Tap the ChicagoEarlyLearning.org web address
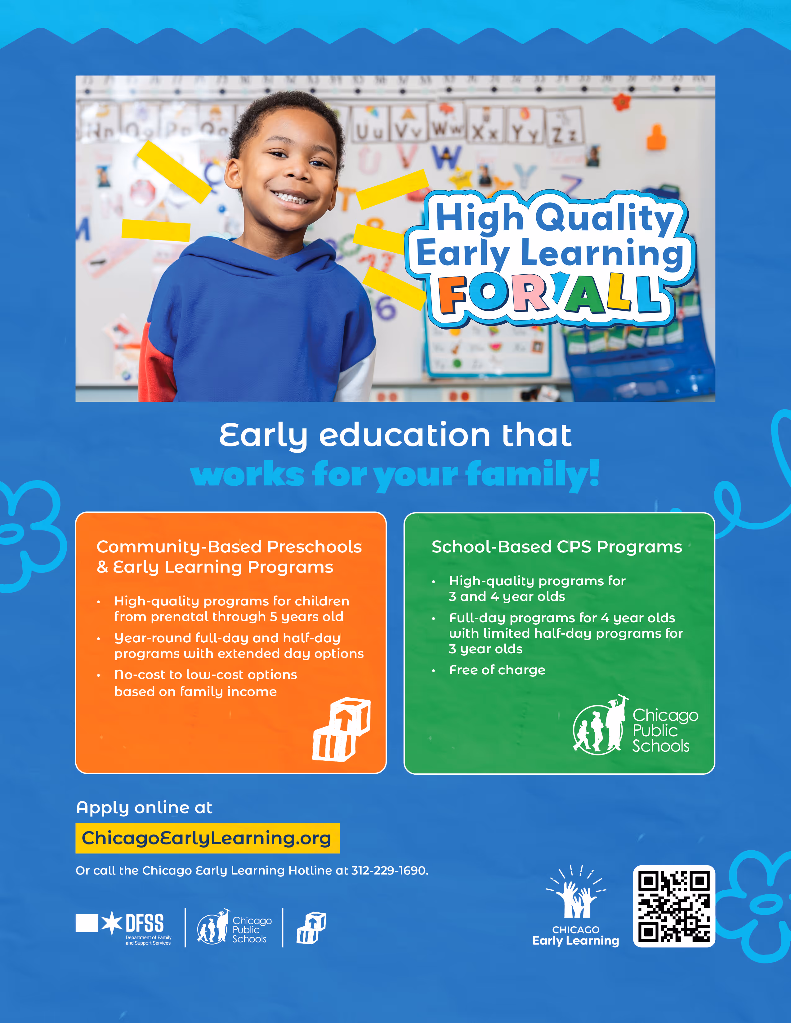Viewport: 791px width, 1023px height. tap(207, 838)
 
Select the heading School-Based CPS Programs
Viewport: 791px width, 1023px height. tap(556, 547)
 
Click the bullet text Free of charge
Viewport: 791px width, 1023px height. tap(497, 670)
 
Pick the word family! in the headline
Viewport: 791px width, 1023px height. tap(533, 475)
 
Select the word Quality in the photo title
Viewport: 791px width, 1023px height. tap(605, 218)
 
